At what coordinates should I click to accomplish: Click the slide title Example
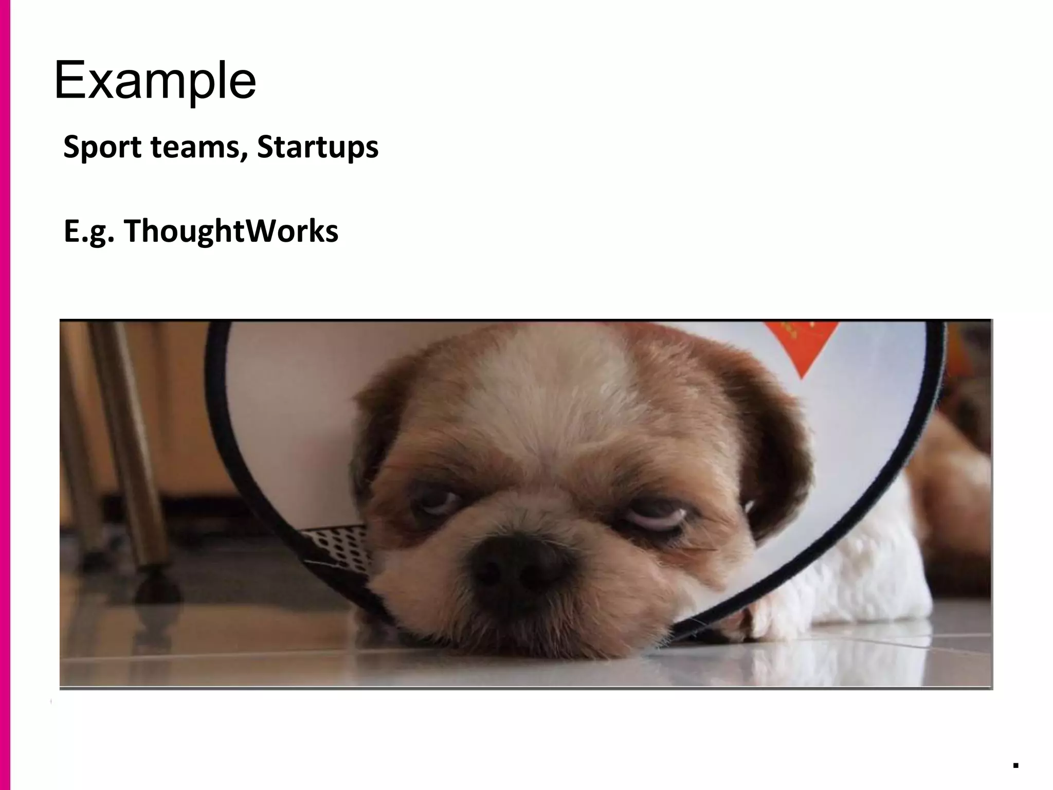[x=155, y=81]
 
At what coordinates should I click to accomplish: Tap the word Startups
[x=317, y=148]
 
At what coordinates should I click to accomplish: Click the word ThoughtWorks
[x=231, y=230]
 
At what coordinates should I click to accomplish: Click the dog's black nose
[x=519, y=566]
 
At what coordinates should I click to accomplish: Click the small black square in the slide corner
[x=1015, y=765]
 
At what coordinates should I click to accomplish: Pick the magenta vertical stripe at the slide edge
[x=5, y=395]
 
